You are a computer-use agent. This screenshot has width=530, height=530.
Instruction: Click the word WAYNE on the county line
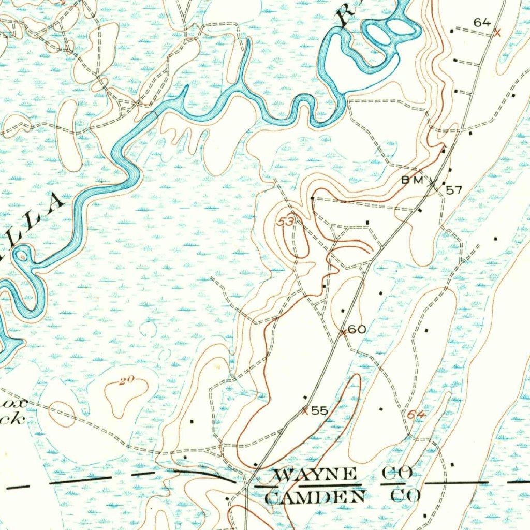(x=315, y=474)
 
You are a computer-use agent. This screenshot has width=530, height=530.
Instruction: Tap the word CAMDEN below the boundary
(x=315, y=497)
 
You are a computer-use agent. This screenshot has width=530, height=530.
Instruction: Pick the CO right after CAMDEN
(x=406, y=496)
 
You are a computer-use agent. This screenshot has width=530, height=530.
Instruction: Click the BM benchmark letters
(x=413, y=180)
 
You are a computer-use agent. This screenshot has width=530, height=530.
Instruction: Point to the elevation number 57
(x=453, y=190)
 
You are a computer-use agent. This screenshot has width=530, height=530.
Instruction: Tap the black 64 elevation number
(x=481, y=22)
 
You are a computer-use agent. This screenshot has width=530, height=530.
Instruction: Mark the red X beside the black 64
(x=497, y=33)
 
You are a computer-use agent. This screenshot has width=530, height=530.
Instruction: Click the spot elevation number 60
(x=357, y=330)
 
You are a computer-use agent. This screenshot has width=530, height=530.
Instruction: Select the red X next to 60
(x=343, y=332)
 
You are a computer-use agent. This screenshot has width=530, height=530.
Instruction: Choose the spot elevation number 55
(x=319, y=410)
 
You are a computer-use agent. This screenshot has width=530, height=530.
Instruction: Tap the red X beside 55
(x=305, y=411)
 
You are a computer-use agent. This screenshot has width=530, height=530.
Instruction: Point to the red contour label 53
(x=286, y=222)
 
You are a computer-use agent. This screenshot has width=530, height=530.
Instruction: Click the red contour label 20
(x=126, y=381)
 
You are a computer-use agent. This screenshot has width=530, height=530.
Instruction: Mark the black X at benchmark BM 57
(x=433, y=182)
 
